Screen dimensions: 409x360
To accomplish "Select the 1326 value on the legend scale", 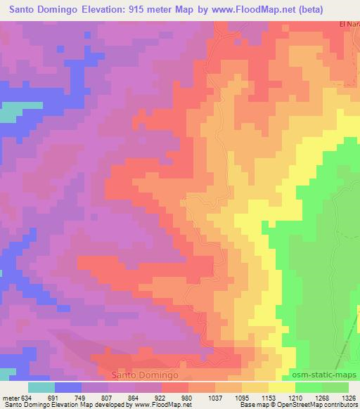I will [348, 397].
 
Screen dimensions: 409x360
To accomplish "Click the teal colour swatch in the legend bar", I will [41, 387].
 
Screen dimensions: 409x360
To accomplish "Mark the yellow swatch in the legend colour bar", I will [281, 387].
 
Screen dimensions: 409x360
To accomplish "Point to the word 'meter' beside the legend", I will [10, 397].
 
